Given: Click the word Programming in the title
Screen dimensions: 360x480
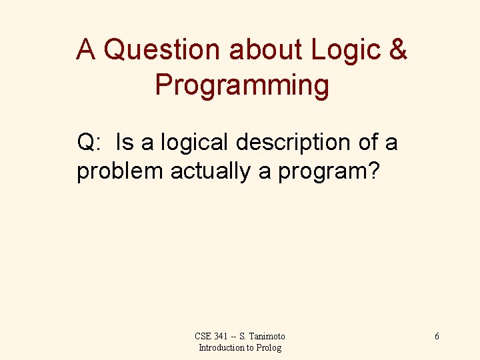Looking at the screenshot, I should pos(242,85).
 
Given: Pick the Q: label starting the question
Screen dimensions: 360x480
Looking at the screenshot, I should pos(89,142).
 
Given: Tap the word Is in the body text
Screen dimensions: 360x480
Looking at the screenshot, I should pos(125,142).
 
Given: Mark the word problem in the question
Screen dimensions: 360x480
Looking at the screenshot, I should pos(120,171).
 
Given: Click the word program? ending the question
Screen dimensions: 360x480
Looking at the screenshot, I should pos(329,171).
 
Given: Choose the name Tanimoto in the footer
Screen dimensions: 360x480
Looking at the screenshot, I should pos(268,337).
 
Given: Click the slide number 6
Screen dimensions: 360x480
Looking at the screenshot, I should pos(437,337).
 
